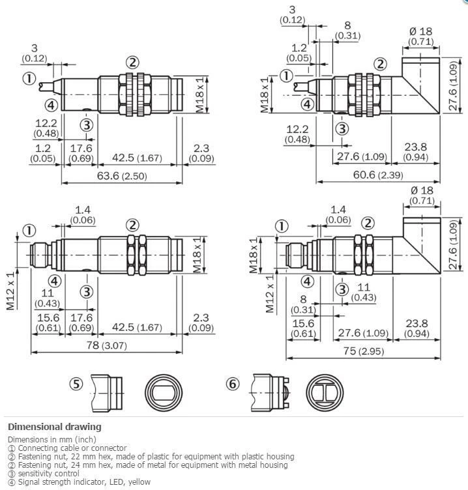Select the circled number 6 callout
pos(233,384)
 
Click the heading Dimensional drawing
pos(54,427)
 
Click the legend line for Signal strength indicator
pos(79,482)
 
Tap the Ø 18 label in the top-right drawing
pos(421,31)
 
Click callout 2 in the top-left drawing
pos(132,63)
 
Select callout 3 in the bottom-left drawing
pos(86,290)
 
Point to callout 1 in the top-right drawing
pos(285,76)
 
